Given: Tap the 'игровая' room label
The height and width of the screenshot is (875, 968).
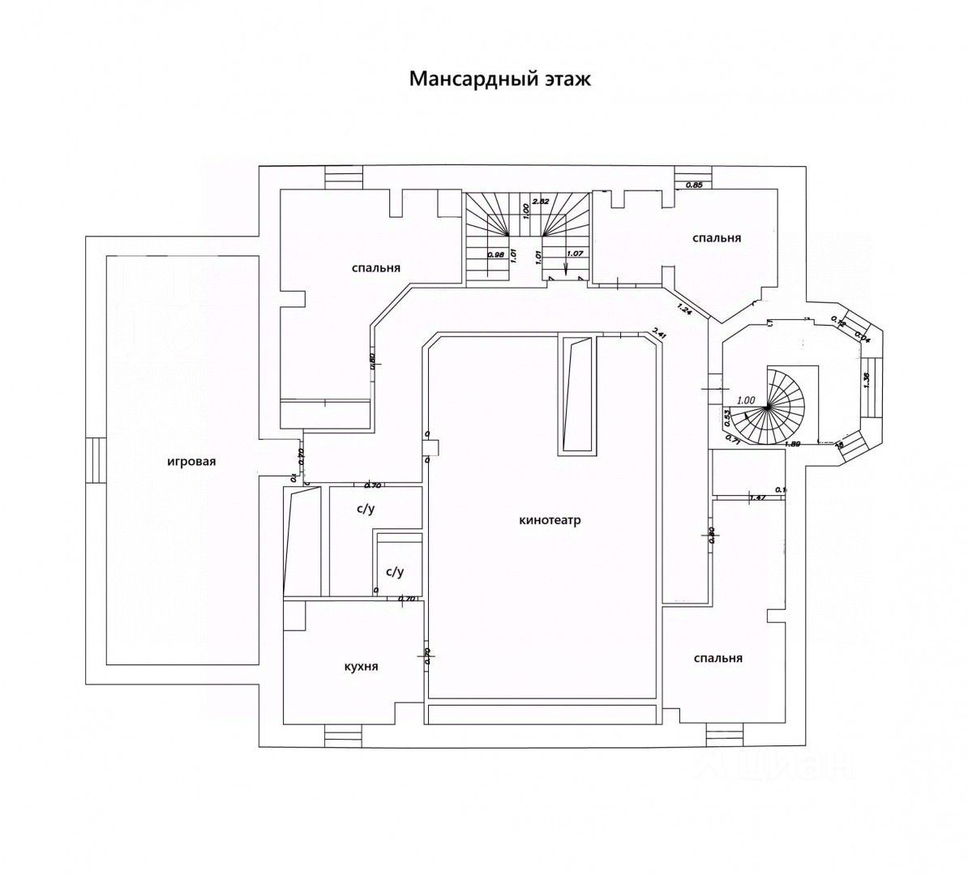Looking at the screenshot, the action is click(x=191, y=462).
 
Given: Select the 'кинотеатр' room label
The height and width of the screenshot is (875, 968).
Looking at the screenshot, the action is click(x=550, y=520).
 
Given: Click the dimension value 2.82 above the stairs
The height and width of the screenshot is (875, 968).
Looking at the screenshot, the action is click(x=540, y=201).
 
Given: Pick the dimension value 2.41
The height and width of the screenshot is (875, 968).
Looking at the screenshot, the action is click(x=659, y=331).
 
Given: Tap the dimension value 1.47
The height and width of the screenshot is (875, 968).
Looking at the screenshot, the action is click(x=758, y=497).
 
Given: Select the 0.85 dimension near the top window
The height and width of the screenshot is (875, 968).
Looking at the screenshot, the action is click(x=694, y=186).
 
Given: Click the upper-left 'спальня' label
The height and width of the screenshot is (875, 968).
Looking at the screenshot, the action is click(x=377, y=267).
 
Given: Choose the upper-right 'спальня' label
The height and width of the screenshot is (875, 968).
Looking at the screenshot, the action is click(x=717, y=238).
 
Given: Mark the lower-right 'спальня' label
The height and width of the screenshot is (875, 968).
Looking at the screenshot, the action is click(x=718, y=658).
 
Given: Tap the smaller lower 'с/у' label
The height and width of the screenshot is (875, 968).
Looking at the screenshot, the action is click(x=395, y=571).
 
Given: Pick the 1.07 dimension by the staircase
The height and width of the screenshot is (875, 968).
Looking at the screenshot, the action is click(x=575, y=253).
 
